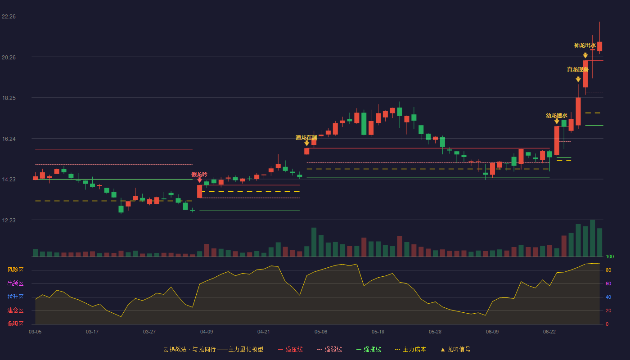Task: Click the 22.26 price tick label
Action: tap(9, 17)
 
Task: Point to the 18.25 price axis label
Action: tap(9, 98)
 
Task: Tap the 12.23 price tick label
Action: tap(9, 220)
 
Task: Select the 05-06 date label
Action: tap(320, 332)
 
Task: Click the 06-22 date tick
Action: tap(549, 332)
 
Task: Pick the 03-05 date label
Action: tap(35, 332)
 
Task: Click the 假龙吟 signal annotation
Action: tap(199, 175)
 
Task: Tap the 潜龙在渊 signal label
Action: tap(306, 138)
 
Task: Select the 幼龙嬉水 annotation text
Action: tap(557, 116)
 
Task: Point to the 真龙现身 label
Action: tap(578, 69)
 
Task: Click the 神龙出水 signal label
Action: tap(585, 45)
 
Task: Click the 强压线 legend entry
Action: tap(290, 349)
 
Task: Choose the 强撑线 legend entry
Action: tap(369, 349)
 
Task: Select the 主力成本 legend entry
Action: tap(410, 349)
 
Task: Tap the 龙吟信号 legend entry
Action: tap(455, 349)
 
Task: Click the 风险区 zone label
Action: tap(15, 270)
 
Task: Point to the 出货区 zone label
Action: tap(15, 283)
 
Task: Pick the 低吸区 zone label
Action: tap(15, 324)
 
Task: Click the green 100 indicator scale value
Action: tap(610, 256)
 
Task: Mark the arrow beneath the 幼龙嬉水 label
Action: tap(557, 121)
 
